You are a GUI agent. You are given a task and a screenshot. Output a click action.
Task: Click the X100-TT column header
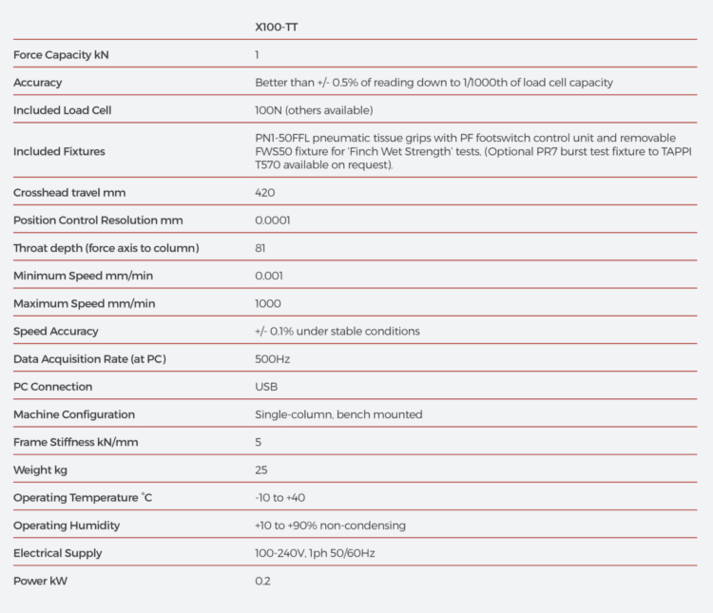point(278,28)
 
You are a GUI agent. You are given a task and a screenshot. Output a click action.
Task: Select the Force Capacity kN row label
point(61,55)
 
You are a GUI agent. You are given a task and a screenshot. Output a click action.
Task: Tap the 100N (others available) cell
point(307,110)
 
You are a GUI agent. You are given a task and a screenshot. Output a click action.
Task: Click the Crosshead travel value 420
point(265,193)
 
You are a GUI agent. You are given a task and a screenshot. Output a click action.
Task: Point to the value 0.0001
point(273,220)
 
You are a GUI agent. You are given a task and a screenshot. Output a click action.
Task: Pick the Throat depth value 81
point(260,248)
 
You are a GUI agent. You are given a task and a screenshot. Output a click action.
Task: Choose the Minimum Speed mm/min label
point(84,276)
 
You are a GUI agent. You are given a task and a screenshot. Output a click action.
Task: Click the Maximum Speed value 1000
point(268,303)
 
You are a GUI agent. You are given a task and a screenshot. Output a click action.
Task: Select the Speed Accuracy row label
point(56,331)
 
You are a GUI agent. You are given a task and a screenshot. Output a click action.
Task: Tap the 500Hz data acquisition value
point(273,359)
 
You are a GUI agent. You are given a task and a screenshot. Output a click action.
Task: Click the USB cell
point(267,387)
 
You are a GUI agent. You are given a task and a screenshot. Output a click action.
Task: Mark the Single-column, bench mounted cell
point(338,414)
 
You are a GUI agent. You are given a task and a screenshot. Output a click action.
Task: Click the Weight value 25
point(261,469)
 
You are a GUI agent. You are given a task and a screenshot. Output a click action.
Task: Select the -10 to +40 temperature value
point(280,497)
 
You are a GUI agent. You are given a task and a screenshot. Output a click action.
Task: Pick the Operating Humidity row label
point(67,526)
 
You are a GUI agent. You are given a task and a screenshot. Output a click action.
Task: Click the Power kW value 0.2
point(263,581)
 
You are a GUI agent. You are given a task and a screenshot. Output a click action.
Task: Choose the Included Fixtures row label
point(59,151)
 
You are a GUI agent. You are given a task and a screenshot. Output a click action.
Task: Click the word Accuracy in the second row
point(38,83)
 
